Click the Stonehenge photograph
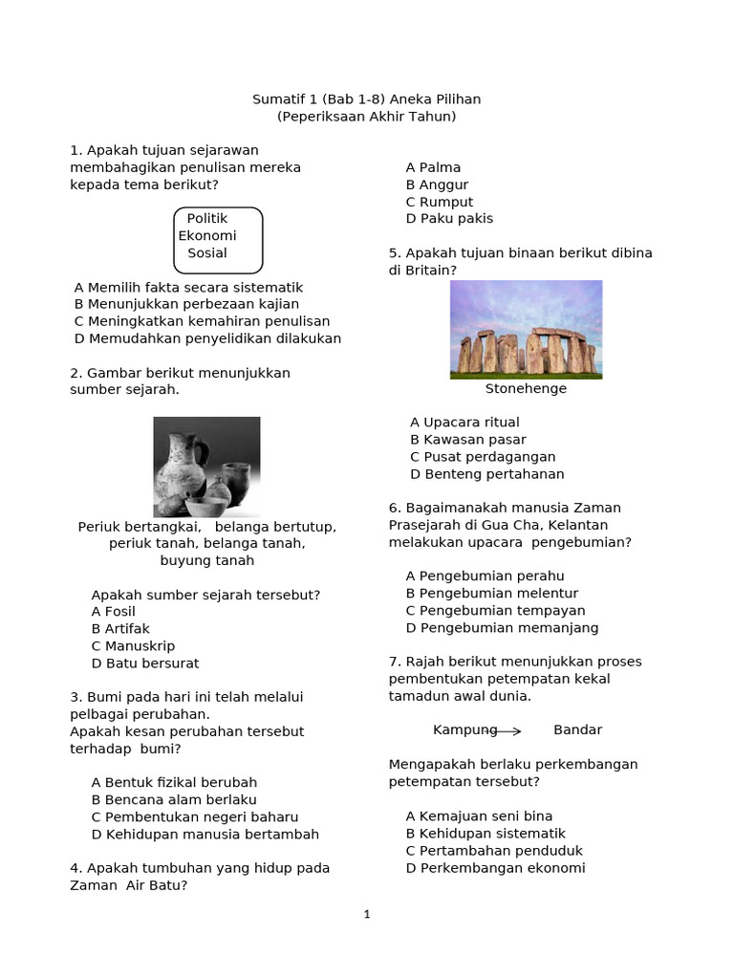click(x=526, y=330)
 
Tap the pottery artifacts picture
click(x=206, y=467)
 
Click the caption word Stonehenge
click(x=526, y=389)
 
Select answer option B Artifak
click(x=120, y=629)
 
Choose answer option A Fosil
click(x=114, y=612)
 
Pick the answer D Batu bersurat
click(x=145, y=664)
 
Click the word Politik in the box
click(x=207, y=219)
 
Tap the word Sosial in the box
click(x=207, y=253)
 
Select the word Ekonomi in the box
click(x=207, y=236)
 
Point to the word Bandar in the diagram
click(x=577, y=730)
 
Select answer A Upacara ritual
click(x=464, y=423)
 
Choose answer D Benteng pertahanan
click(x=487, y=474)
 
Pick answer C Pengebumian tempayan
click(x=495, y=611)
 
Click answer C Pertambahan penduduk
click(x=494, y=851)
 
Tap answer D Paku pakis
click(x=449, y=219)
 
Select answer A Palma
click(x=433, y=167)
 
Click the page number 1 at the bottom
click(x=367, y=915)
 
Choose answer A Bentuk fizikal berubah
click(x=161, y=783)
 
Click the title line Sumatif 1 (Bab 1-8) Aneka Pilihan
click(x=367, y=99)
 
